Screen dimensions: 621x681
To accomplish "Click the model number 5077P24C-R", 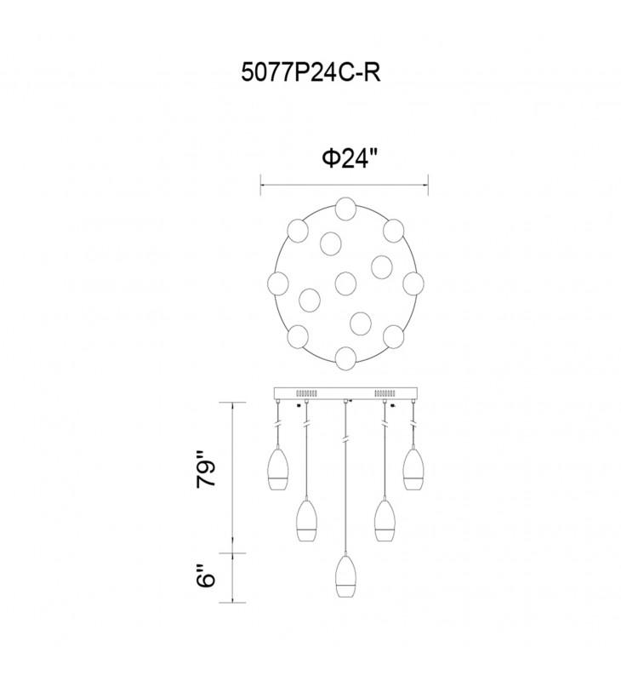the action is [x=310, y=73].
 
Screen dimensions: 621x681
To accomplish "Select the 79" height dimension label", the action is [x=206, y=471].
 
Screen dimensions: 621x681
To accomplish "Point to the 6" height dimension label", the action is [x=206, y=576].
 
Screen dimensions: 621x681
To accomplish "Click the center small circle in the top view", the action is [x=346, y=283].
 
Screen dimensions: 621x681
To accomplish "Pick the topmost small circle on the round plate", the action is [x=346, y=208].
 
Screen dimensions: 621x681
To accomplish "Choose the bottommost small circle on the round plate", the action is [x=346, y=358].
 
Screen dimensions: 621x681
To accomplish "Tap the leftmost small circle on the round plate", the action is [x=278, y=283].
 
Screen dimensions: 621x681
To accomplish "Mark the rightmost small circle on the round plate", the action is [x=413, y=283].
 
